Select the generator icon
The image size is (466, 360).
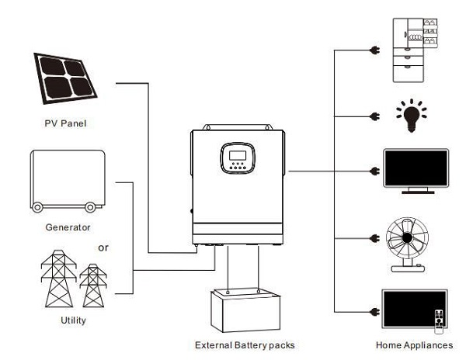tap(66, 180)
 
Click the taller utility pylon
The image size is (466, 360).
tap(56, 280)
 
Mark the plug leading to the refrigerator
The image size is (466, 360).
tap(373, 53)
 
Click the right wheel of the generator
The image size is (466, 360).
tap(92, 206)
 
